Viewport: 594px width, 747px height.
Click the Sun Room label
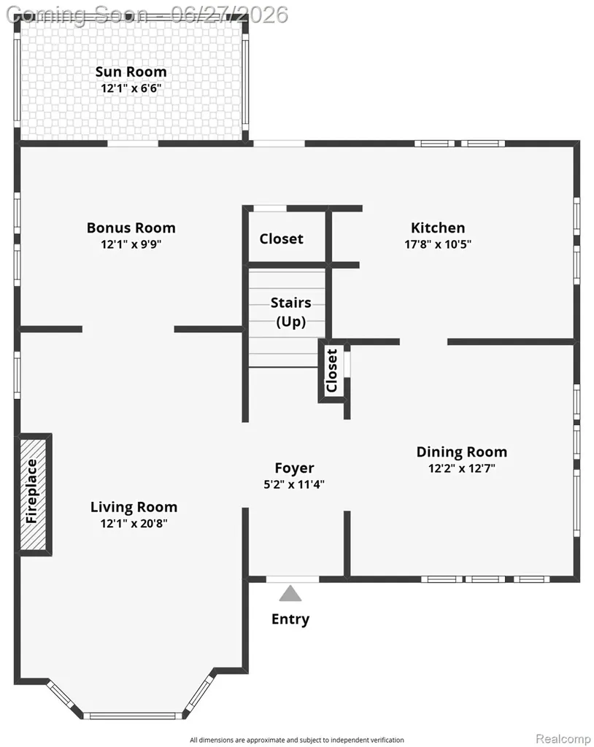tap(131, 72)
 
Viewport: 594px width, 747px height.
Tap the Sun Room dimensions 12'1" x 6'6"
tap(131, 88)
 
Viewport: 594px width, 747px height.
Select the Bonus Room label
tap(131, 228)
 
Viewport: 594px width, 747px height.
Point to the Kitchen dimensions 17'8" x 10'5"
tap(438, 244)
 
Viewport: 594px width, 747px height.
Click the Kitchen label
tap(438, 228)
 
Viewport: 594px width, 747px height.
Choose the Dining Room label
tap(462, 452)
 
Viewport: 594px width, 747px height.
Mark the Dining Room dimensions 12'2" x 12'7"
tap(462, 468)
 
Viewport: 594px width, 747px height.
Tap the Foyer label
tap(294, 468)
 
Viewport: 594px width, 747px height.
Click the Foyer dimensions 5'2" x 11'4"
tap(294, 484)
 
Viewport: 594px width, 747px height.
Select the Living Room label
tap(134, 508)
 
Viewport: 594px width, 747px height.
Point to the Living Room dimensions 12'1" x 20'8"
tap(134, 524)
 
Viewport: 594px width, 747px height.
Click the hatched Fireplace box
tap(34, 495)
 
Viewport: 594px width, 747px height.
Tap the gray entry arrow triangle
tap(290, 594)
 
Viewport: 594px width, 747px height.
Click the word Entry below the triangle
tap(290, 619)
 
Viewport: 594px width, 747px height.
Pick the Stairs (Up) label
tap(291, 312)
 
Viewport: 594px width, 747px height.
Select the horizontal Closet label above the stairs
tap(281, 239)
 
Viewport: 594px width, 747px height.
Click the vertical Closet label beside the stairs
tap(332, 371)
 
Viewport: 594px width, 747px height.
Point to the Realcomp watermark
tap(563, 738)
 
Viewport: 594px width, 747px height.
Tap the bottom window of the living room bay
tap(133, 716)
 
